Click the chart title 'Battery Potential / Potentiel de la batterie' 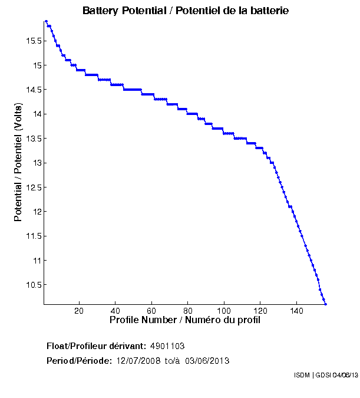(186, 11)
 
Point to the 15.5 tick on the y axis (32, 41)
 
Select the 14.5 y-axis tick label (32, 90)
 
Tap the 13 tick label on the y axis (37, 163)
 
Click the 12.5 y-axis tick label (32, 187)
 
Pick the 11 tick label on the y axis (37, 260)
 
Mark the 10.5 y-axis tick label (32, 285)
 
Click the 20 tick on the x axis (79, 311)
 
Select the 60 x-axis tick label (152, 311)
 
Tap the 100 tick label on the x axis (224, 311)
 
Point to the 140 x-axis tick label (298, 311)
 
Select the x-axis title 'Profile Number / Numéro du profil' (185, 320)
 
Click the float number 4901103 (168, 346)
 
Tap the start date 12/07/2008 (138, 361)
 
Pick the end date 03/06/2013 (207, 361)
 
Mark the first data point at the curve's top (46, 21)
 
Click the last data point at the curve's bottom (325, 304)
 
